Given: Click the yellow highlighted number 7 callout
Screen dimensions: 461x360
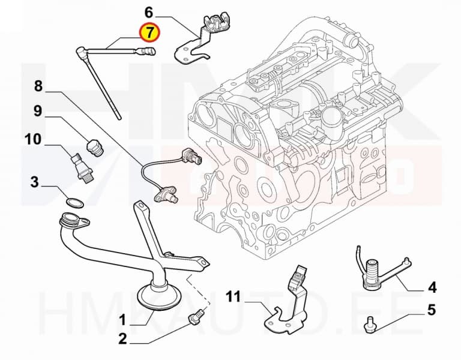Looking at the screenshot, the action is [x=149, y=32].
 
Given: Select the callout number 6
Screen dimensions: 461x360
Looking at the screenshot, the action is [x=149, y=13].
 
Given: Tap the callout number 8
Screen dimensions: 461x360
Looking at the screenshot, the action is [x=38, y=86].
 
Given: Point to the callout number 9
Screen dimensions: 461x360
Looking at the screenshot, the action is [x=38, y=112].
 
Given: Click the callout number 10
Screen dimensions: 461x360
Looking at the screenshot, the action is [x=32, y=139].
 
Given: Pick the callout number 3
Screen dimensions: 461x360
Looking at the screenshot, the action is [x=35, y=182].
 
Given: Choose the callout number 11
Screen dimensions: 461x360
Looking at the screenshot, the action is [x=234, y=296].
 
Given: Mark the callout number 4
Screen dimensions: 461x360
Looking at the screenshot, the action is [x=432, y=287].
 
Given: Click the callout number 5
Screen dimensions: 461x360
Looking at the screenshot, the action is [x=432, y=310].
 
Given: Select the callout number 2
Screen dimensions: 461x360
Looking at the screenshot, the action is [x=122, y=339].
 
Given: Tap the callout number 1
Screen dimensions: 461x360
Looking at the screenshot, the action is [x=122, y=320].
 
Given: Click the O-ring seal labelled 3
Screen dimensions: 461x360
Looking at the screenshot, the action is [x=74, y=203].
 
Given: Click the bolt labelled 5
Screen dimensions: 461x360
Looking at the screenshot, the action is [x=370, y=324].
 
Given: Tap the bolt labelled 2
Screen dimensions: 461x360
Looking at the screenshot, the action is [x=196, y=317].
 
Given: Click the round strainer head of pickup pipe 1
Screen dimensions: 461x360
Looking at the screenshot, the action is [x=159, y=295].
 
